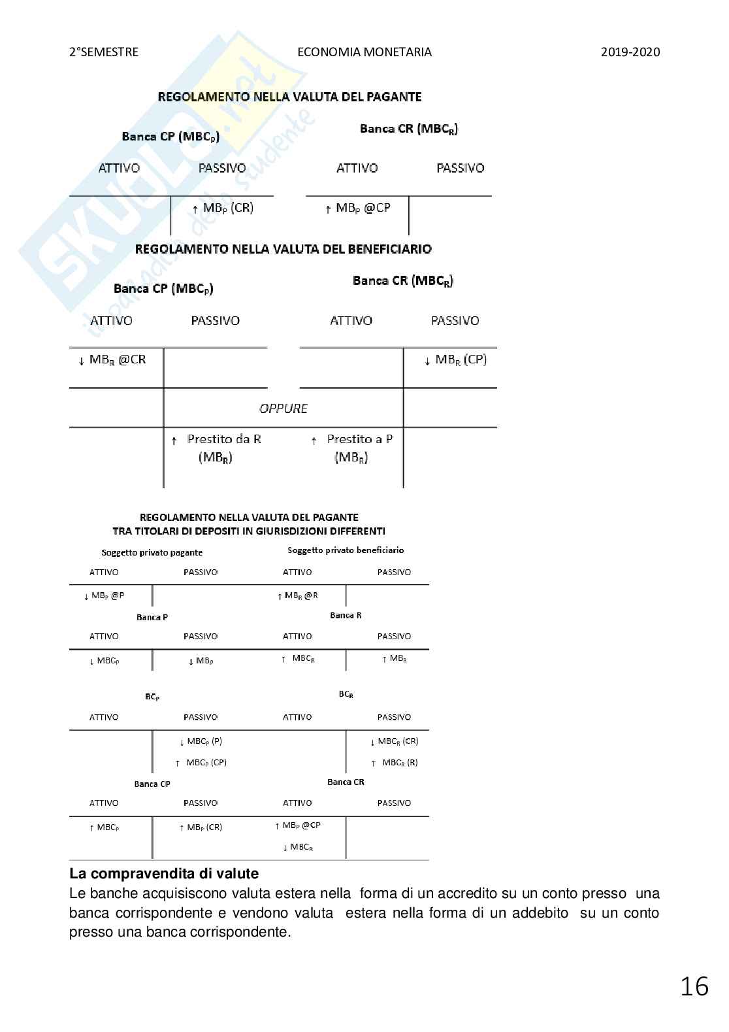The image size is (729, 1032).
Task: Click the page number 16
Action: point(694,986)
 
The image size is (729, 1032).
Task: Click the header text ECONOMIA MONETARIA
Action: point(364,52)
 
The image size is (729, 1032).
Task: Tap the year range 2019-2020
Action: point(630,52)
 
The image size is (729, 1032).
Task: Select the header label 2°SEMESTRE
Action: point(104,52)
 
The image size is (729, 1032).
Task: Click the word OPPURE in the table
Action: point(283,408)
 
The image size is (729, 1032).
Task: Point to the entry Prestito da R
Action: point(223,439)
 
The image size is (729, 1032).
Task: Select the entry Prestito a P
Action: point(359,439)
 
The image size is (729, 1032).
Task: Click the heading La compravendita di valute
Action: point(163,874)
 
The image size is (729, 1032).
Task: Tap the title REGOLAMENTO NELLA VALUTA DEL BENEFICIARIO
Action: point(283,249)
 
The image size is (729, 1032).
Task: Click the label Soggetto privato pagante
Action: point(152,552)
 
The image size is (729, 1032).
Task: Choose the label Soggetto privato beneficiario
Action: point(346,550)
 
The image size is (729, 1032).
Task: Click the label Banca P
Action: point(152,617)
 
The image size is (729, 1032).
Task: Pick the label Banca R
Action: point(346,615)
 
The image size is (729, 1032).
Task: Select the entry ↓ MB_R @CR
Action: point(112,360)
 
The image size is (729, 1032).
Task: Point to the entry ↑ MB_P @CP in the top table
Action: point(357,208)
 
